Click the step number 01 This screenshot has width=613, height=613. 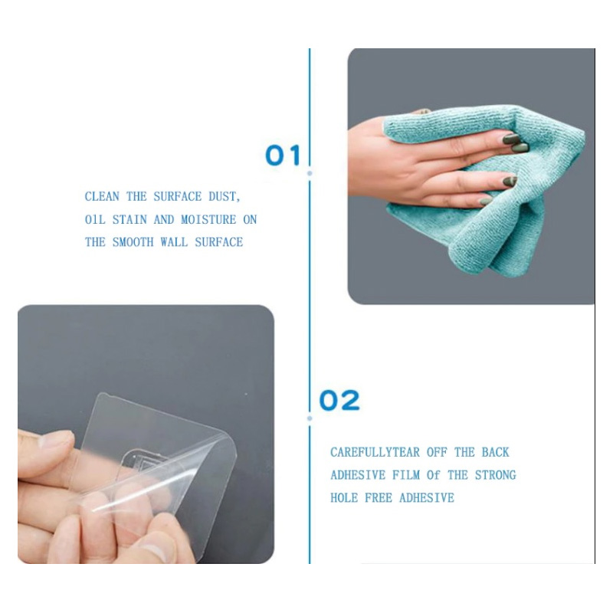point(283,156)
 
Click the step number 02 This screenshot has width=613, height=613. point(339,400)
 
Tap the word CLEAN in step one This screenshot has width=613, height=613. point(102,197)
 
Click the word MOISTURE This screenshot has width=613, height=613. point(208,220)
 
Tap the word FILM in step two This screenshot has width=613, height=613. point(408,475)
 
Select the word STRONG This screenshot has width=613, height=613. point(495,475)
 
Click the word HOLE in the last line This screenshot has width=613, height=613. point(344,498)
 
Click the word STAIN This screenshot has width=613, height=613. point(129,220)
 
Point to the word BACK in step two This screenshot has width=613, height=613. point(495,453)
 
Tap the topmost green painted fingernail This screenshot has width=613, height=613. point(511,139)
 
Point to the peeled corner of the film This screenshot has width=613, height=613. point(218,444)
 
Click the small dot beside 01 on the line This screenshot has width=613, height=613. point(310,174)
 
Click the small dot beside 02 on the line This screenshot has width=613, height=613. point(310,418)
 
